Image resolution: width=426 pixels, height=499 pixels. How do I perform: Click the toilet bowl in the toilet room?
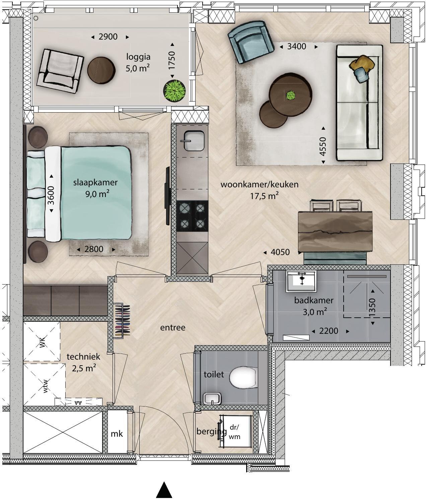[242, 378]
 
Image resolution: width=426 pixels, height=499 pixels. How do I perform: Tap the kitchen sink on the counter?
[194, 141]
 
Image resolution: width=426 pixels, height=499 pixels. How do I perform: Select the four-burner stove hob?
[192, 216]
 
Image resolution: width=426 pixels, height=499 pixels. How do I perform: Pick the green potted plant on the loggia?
[174, 91]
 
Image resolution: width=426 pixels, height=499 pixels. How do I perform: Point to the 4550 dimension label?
[323, 146]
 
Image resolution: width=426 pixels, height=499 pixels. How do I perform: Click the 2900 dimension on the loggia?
[108, 37]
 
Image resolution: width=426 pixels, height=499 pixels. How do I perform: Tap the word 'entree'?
[173, 328]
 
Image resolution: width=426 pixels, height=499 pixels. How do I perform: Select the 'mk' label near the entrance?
[117, 434]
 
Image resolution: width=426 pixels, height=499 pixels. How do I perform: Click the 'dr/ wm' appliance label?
[234, 432]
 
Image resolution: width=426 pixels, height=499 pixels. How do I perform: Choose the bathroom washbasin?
[301, 281]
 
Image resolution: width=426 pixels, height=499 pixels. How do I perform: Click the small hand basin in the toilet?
[212, 398]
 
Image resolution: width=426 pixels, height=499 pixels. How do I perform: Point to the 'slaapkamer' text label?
[95, 182]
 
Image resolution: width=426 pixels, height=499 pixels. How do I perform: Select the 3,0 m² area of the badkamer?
[315, 312]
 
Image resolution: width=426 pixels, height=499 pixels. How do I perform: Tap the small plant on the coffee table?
[291, 96]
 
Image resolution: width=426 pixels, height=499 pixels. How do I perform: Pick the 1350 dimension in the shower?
[372, 307]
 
